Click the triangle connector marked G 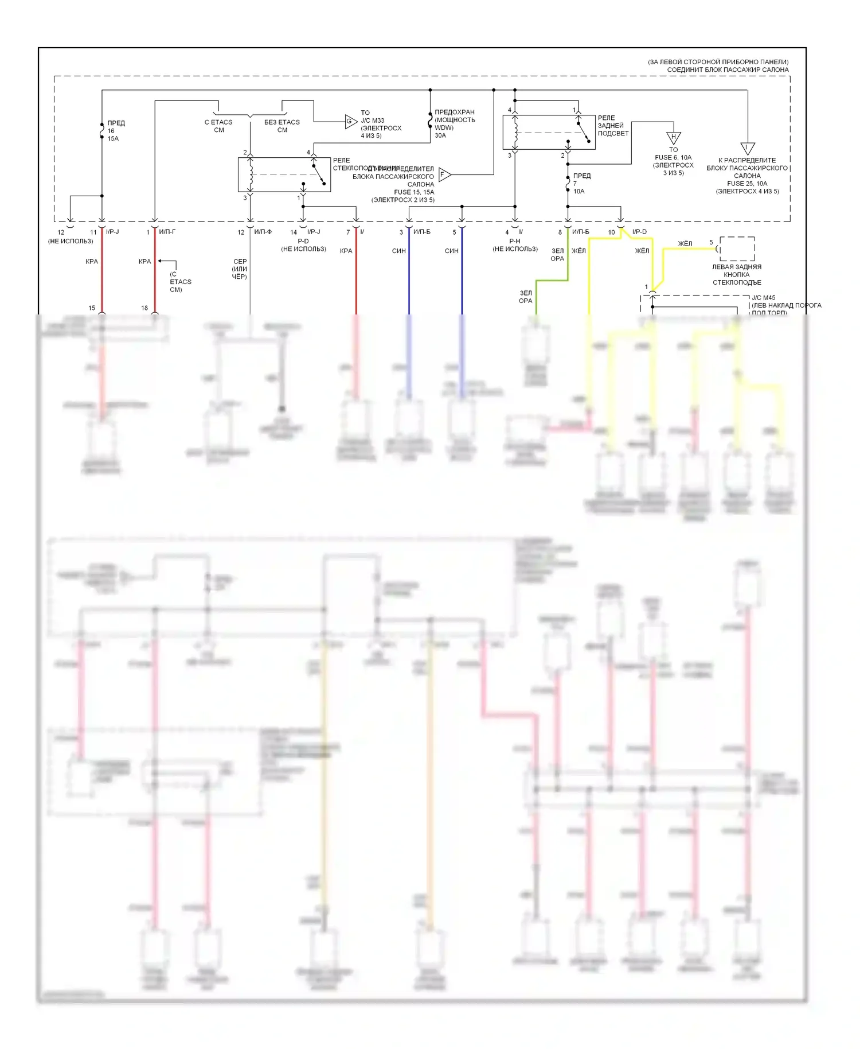pos(350,121)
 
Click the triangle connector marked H pos(673,138)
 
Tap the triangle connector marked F pos(444,174)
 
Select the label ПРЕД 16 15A pos(115,131)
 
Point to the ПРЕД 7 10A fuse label pos(581,184)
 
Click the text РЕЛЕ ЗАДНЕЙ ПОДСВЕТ pos(613,126)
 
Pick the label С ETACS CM pos(218,126)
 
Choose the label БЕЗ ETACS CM pos(282,126)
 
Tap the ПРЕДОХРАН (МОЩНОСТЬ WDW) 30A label pos(454,124)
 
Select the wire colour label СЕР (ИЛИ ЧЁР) pos(240,269)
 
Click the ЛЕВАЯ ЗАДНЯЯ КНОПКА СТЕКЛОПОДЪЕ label pos(737,275)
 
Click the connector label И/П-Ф pos(263,232)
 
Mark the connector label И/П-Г pos(167,232)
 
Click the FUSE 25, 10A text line pos(746,184)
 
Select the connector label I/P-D pos(639,232)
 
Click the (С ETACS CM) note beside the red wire pos(180,282)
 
